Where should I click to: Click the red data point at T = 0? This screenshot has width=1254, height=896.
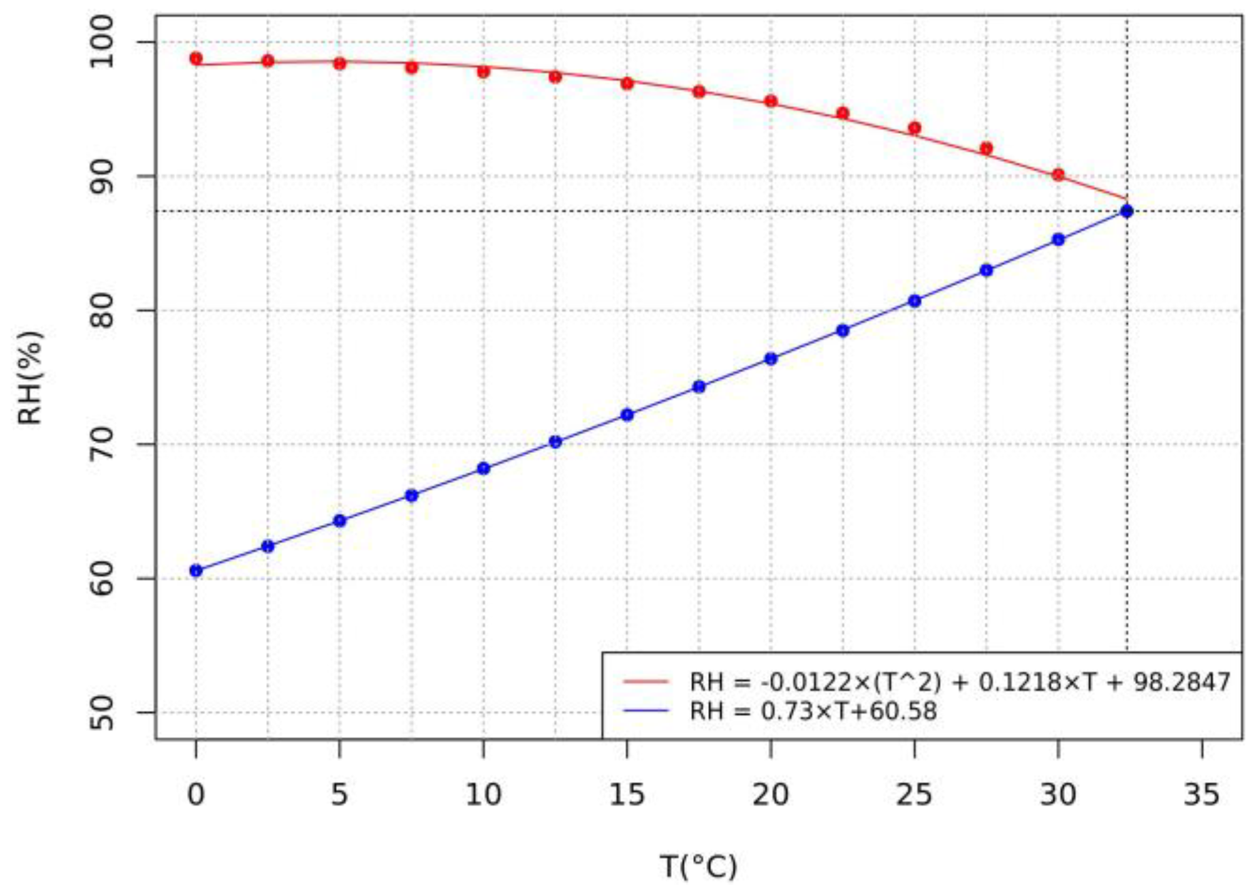[196, 59]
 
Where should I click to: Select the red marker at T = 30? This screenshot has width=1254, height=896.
[1058, 175]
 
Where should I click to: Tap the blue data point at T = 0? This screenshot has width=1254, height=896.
[196, 571]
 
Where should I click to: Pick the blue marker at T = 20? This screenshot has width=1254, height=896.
[771, 359]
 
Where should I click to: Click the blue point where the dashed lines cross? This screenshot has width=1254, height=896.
[1127, 211]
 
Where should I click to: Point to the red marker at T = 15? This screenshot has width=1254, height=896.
[627, 84]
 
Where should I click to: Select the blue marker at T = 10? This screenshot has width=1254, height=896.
[483, 469]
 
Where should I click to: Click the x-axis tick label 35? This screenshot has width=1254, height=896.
[1201, 795]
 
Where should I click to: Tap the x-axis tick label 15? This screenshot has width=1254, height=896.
[627, 795]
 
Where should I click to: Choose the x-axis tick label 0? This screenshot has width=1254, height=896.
[196, 795]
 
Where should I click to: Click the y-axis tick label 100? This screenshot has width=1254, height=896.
[101, 42]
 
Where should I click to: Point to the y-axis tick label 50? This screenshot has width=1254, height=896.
[101, 713]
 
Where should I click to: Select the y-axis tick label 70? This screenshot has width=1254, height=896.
[101, 444]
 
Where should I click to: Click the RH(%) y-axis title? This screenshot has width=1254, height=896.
[30, 378]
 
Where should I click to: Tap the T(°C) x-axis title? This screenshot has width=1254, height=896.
[698, 867]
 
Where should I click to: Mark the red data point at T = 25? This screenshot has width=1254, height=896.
[914, 128]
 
